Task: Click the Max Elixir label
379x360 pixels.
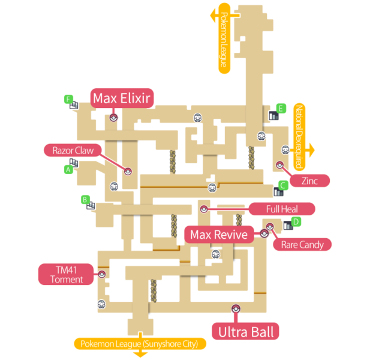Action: pyautogui.click(x=122, y=97)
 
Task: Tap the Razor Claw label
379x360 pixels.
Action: pyautogui.click(x=73, y=151)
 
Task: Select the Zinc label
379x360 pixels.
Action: pyautogui.click(x=309, y=179)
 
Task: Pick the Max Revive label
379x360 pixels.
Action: pyautogui.click(x=218, y=235)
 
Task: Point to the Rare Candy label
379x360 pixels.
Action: pyautogui.click(x=302, y=244)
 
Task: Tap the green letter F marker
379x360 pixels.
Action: pyautogui.click(x=68, y=98)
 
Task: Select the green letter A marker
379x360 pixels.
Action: pyautogui.click(x=68, y=170)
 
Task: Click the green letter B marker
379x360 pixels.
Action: pyautogui.click(x=85, y=199)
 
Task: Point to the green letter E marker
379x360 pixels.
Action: pyautogui.click(x=280, y=108)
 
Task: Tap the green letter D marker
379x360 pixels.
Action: pyautogui.click(x=296, y=221)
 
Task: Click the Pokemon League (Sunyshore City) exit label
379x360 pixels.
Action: pyautogui.click(x=140, y=344)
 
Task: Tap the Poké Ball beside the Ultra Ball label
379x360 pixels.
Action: pyautogui.click(x=235, y=308)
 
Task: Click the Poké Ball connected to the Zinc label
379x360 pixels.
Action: pyautogui.click(x=279, y=164)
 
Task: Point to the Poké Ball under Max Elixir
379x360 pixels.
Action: pyautogui.click(x=113, y=118)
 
